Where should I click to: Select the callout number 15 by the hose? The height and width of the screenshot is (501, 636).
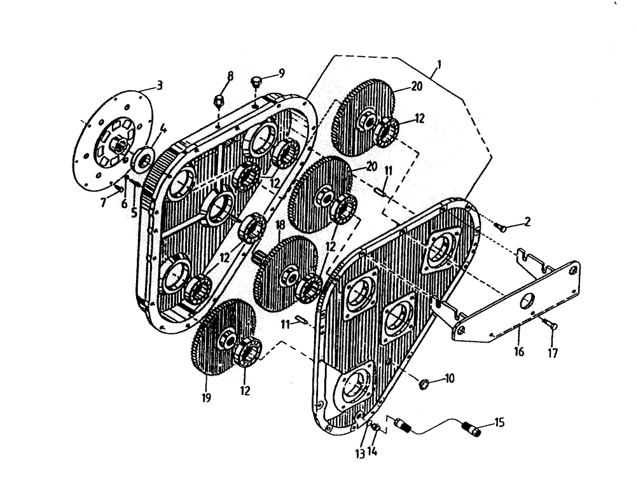point(499,422)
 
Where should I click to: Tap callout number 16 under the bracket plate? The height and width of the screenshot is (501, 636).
point(519,350)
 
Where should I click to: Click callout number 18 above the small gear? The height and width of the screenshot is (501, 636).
point(279,226)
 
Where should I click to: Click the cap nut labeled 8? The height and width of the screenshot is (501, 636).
point(218,100)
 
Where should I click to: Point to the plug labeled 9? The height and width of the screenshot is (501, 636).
point(256,83)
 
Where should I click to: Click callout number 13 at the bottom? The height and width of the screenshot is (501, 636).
point(360,453)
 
